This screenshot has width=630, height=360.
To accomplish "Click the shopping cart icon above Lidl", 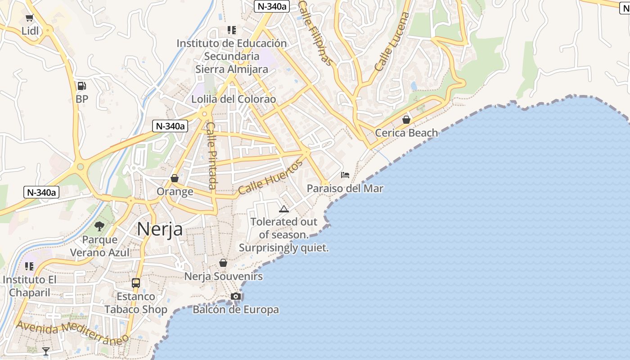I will pyautogui.click(x=30, y=18).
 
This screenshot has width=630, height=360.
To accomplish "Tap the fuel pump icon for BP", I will pyautogui.click(x=81, y=85).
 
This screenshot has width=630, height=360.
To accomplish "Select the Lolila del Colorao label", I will pyautogui.click(x=234, y=99).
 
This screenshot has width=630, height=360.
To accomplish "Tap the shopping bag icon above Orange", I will pyautogui.click(x=175, y=178).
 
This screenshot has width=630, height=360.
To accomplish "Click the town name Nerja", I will pyautogui.click(x=160, y=229).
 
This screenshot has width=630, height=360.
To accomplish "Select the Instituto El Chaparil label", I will pyautogui.click(x=30, y=286).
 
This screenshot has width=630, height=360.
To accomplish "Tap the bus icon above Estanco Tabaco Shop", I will pyautogui.click(x=136, y=283).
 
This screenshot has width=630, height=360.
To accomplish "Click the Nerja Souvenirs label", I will pyautogui.click(x=224, y=276).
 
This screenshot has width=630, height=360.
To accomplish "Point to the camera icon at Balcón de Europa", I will pyautogui.click(x=235, y=296).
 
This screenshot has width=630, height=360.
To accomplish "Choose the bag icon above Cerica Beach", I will pyautogui.click(x=406, y=120).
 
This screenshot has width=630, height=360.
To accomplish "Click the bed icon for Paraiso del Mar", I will pyautogui.click(x=345, y=175).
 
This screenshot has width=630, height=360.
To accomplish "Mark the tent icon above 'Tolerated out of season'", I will pyautogui.click(x=283, y=209).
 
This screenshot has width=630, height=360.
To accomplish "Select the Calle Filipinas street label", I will pyautogui.click(x=316, y=32).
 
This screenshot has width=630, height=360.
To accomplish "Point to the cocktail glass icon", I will pyautogui.click(x=46, y=351).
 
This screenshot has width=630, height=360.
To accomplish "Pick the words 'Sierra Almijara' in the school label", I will pyautogui.click(x=231, y=69).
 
